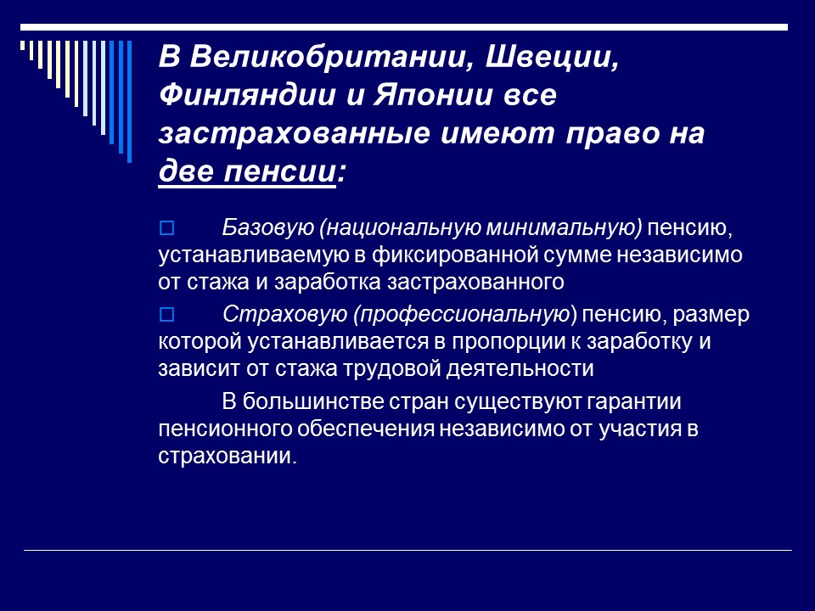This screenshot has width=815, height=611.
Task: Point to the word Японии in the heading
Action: click(431, 96)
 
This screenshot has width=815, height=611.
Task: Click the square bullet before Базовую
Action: click(166, 228)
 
